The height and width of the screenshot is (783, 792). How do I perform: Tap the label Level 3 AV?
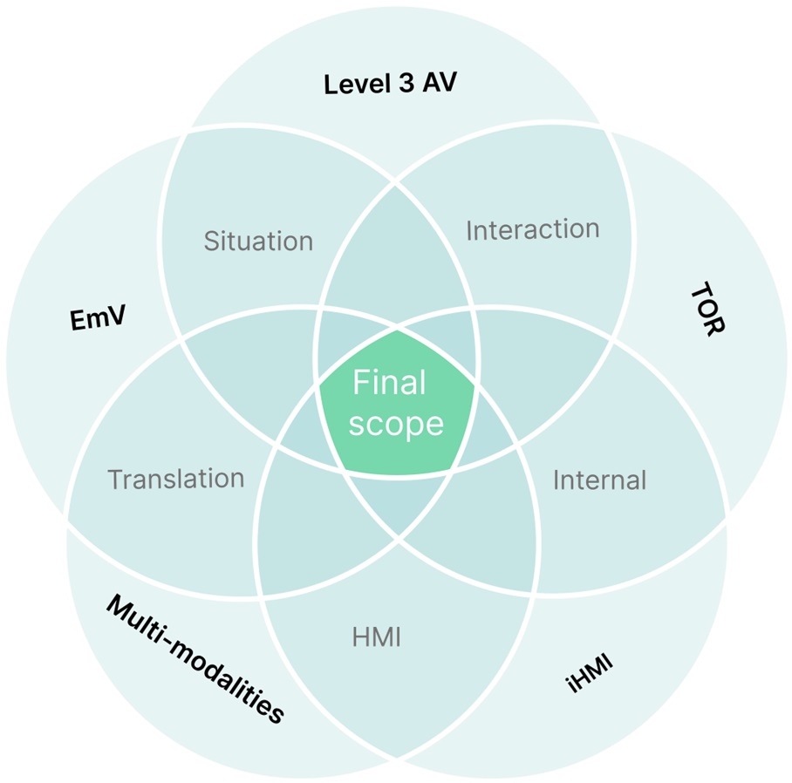coord(390,85)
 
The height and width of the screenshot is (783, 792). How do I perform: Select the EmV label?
coord(98,318)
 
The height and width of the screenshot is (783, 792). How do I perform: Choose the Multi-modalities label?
coord(195,659)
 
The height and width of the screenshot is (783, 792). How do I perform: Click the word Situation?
coord(258,241)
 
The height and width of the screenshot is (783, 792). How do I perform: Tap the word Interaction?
coord(532,230)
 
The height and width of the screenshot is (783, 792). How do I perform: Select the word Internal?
coord(599,480)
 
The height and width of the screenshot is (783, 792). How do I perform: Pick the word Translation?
coord(175,478)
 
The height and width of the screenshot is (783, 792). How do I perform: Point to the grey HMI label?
coord(377,638)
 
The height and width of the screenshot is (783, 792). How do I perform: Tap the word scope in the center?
coord(397,424)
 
